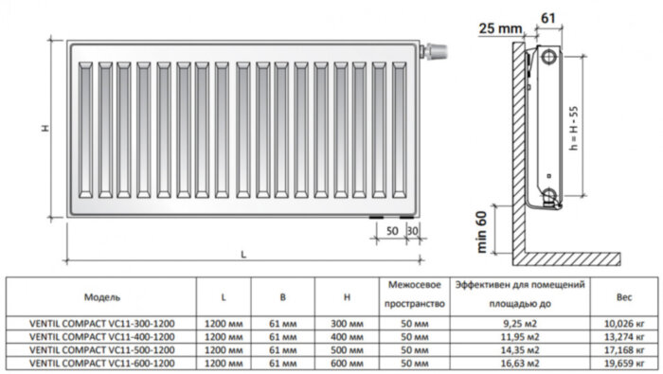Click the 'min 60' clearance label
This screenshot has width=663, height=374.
point(482,230)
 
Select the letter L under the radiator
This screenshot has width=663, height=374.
point(243,254)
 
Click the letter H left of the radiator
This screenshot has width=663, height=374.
point(45,129)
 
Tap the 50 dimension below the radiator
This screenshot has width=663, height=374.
point(392,231)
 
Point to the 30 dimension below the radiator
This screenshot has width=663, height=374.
point(411,231)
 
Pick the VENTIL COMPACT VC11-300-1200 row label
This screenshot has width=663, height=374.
point(101,323)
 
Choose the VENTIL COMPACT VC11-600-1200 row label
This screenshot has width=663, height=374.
point(101,362)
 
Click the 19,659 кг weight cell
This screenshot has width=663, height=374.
point(624,362)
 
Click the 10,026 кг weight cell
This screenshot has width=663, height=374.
point(624,323)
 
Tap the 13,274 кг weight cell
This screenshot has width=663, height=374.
point(624,336)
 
